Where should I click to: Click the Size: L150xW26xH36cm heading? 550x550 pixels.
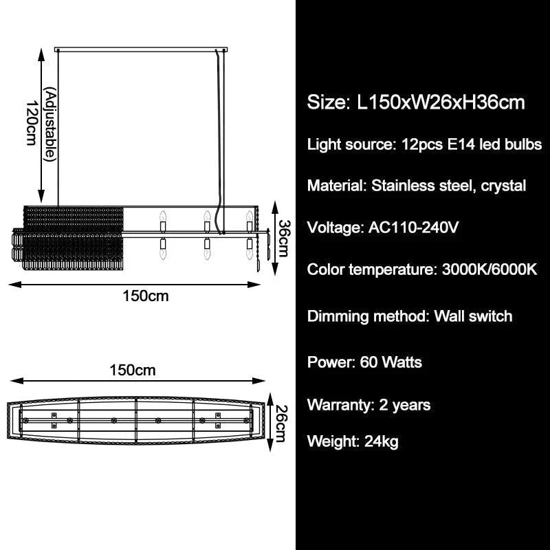click(416, 103)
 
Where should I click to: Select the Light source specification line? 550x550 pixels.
click(424, 144)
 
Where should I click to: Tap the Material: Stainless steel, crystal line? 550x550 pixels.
click(417, 186)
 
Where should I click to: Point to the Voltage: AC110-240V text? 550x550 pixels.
click(382, 228)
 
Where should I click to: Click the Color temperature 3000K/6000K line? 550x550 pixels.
click(421, 269)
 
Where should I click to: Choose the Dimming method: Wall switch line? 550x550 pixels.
click(410, 316)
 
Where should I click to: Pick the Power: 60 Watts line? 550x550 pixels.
click(364, 362)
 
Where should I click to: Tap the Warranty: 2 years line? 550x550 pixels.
click(368, 404)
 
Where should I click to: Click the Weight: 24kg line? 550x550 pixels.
click(353, 441)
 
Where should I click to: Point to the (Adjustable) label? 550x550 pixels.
click(49, 124)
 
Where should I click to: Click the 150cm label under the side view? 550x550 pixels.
click(145, 296)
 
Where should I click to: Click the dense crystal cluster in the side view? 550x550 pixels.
click(69, 237)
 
